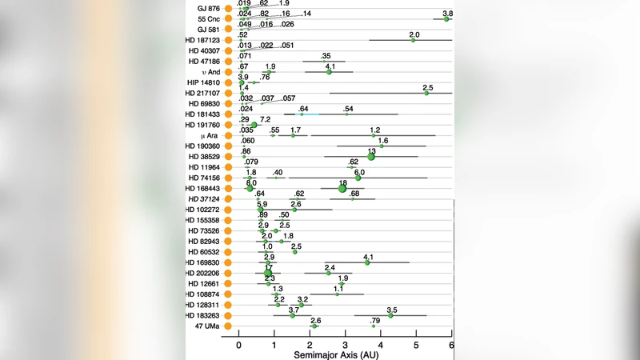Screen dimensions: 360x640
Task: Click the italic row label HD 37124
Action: click(x=204, y=199)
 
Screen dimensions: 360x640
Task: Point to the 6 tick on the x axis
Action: click(x=452, y=343)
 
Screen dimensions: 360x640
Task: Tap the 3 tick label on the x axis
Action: click(x=345, y=343)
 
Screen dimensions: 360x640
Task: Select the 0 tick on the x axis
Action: click(x=238, y=343)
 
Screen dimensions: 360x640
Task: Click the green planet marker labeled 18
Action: click(x=342, y=189)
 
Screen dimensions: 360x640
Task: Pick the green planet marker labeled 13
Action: click(x=371, y=157)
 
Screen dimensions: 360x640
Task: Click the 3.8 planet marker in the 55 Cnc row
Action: click(x=446, y=18)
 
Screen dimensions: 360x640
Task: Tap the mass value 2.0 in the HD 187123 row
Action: click(x=414, y=34)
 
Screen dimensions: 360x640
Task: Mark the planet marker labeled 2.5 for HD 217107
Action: click(x=426, y=93)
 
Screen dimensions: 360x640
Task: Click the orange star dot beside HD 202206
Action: click(x=228, y=273)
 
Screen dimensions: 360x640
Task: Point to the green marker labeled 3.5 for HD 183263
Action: click(x=390, y=315)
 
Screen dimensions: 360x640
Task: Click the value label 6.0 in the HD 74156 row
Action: click(x=359, y=172)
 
